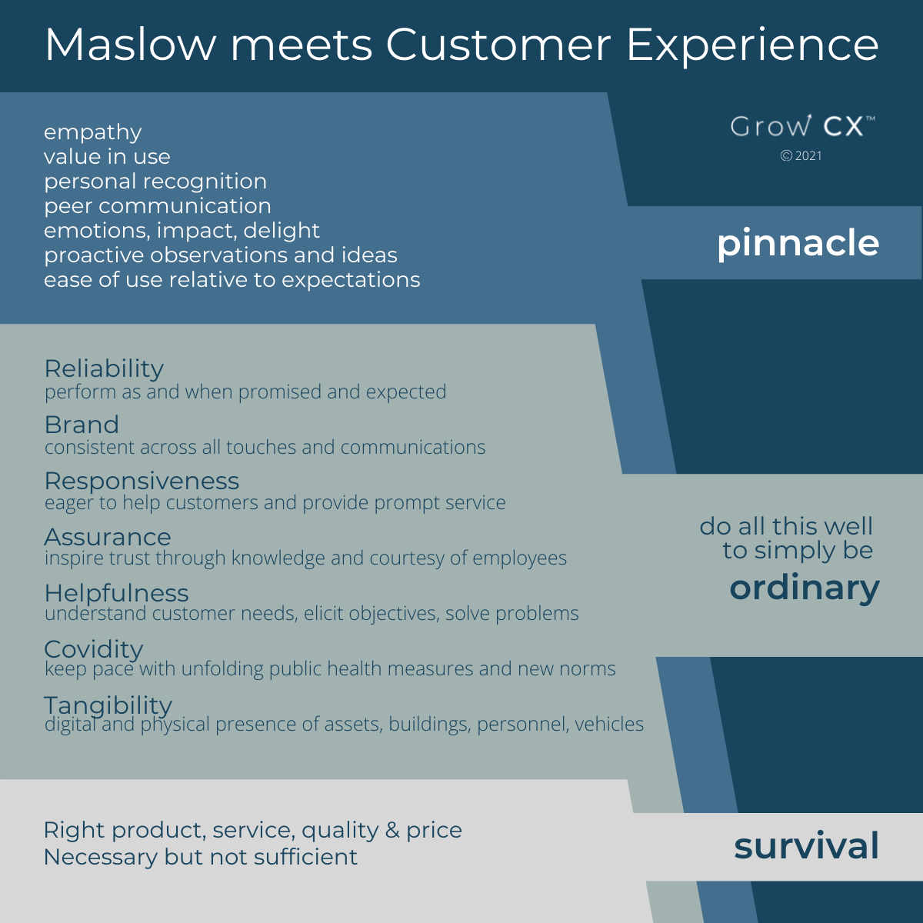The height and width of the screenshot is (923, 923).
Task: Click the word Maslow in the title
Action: pos(131,45)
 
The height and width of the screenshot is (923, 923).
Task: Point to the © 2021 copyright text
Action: pos(801,155)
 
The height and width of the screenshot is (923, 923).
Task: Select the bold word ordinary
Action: pos(805,589)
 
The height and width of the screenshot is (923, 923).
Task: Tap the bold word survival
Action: pos(807,846)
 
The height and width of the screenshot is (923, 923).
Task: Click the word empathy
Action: pos(93,132)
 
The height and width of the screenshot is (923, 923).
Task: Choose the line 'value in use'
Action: pos(107,157)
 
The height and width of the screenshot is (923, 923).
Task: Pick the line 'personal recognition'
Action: pos(155,182)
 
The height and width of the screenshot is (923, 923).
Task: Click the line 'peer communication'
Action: pos(158,206)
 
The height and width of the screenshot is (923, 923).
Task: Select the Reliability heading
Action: pos(104,369)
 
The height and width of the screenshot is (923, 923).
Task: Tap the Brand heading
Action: pos(82,425)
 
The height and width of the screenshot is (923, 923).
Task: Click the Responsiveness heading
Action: pos(142,481)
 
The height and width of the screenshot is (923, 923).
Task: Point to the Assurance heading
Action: pos(108,537)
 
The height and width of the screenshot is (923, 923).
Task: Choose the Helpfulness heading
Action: pos(116,594)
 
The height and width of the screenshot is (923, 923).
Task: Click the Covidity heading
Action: pos(94,650)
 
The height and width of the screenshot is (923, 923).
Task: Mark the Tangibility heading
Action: pos(108,706)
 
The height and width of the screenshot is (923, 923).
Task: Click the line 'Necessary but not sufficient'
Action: pos(201,857)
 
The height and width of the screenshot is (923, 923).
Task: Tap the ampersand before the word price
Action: pos(392,830)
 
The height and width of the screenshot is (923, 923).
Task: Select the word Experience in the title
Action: pos(752,46)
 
